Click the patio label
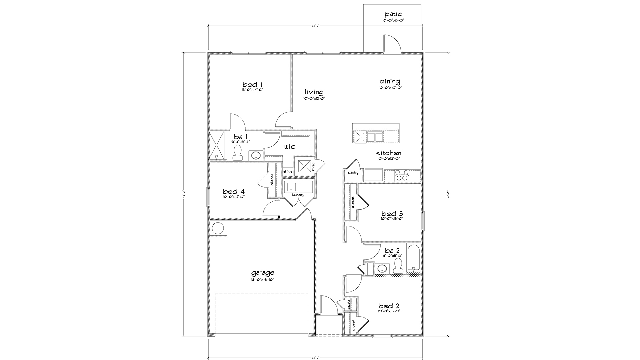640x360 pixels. click(x=393, y=14)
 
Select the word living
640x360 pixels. click(x=314, y=92)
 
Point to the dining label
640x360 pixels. click(x=390, y=81)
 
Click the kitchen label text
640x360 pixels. click(x=389, y=153)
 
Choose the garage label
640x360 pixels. click(x=263, y=273)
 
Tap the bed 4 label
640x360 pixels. click(x=234, y=191)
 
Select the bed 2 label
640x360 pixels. click(x=389, y=306)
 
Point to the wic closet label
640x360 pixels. click(x=290, y=147)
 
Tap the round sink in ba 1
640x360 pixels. click(x=255, y=155)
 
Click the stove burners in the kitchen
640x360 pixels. click(x=401, y=175)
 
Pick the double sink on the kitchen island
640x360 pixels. click(x=375, y=137)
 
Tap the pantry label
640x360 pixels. click(x=353, y=173)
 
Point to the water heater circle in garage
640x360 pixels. click(x=218, y=228)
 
